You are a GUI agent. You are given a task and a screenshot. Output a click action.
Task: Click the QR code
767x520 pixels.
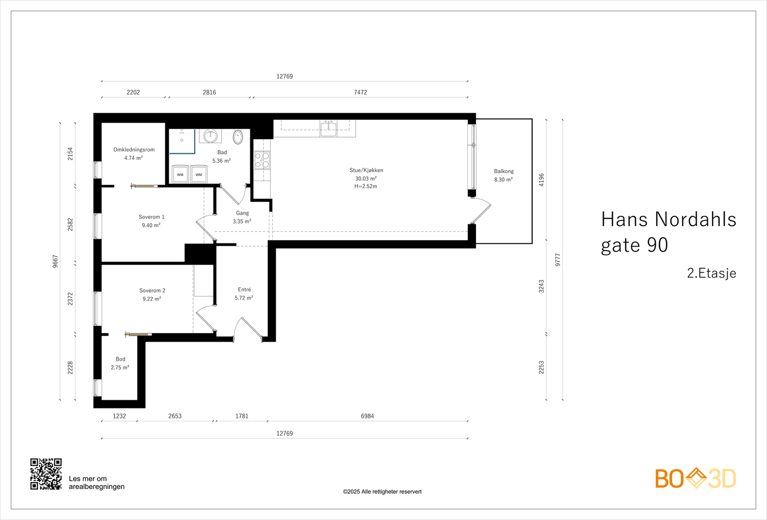tap(46, 474)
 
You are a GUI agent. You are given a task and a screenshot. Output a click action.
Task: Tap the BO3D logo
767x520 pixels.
tap(696, 478)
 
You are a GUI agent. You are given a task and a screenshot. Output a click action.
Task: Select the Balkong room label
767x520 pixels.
tap(503, 171)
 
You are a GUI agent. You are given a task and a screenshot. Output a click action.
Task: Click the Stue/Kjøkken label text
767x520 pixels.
tap(366, 170)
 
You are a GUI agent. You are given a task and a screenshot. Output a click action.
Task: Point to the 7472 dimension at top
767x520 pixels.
tap(360, 92)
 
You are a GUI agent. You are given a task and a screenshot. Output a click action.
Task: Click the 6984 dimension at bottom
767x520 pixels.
tap(367, 416)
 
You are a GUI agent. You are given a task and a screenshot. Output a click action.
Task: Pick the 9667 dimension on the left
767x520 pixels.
tap(55, 261)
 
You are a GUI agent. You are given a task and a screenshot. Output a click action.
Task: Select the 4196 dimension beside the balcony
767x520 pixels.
tap(542, 179)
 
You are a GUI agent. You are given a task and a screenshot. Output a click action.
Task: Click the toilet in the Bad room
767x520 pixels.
tap(238, 137)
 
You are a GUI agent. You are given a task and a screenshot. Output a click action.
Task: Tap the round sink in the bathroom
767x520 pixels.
tap(210, 136)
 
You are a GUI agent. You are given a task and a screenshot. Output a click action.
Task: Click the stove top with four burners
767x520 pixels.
tap(262, 160)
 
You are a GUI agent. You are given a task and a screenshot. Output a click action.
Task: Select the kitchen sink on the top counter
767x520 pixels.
tap(328, 128)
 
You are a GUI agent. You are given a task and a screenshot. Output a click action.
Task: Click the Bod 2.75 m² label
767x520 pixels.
tap(120, 363)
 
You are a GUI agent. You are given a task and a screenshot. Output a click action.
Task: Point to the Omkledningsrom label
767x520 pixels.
tap(134, 150)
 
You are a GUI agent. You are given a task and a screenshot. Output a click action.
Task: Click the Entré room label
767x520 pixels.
tap(244, 289)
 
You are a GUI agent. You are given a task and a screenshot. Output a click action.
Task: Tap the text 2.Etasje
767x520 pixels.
tap(711, 273)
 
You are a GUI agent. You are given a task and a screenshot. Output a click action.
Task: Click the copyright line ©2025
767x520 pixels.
tap(382, 492)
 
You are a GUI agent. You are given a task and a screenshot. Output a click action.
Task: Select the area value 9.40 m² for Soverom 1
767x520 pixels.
tap(151, 225)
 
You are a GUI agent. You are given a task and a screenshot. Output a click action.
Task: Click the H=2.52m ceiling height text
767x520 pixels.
tap(366, 186)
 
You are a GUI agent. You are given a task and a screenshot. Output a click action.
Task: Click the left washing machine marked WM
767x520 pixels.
tap(180, 174)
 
